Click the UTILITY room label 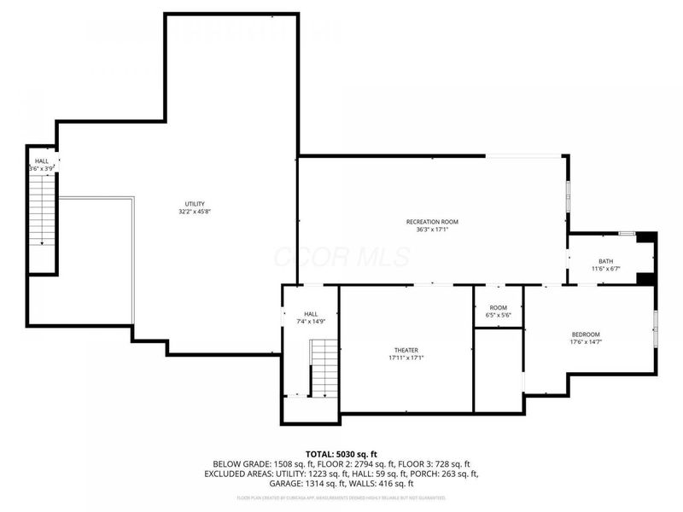(x=195, y=203)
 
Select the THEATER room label (x=406, y=350)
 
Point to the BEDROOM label (x=586, y=334)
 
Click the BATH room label (x=605, y=261)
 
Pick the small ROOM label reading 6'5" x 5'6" (x=499, y=308)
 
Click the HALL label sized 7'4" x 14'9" (x=311, y=313)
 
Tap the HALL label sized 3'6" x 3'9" (x=41, y=160)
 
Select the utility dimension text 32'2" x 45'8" (x=195, y=212)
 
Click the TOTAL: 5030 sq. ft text (x=341, y=453)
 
